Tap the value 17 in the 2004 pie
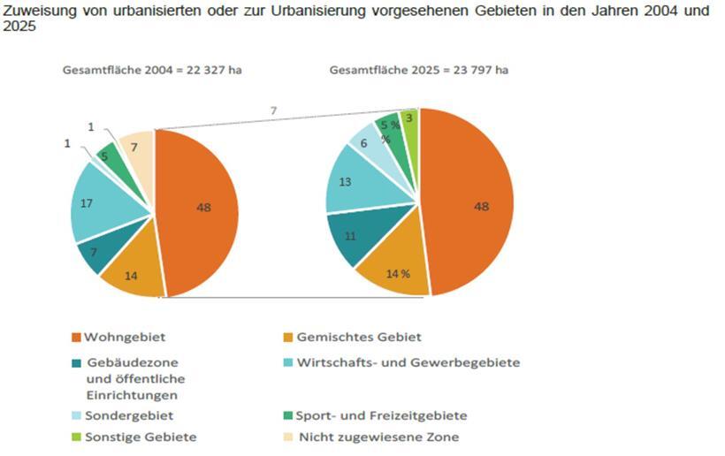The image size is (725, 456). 88,202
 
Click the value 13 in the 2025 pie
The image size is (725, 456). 347,181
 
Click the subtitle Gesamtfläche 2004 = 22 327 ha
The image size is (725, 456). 151,70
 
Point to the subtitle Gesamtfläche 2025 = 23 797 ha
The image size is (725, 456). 419,70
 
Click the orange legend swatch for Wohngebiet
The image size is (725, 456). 76,338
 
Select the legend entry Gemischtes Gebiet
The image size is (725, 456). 359,337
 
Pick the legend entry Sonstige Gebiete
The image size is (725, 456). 140,437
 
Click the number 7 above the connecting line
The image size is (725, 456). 274,110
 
